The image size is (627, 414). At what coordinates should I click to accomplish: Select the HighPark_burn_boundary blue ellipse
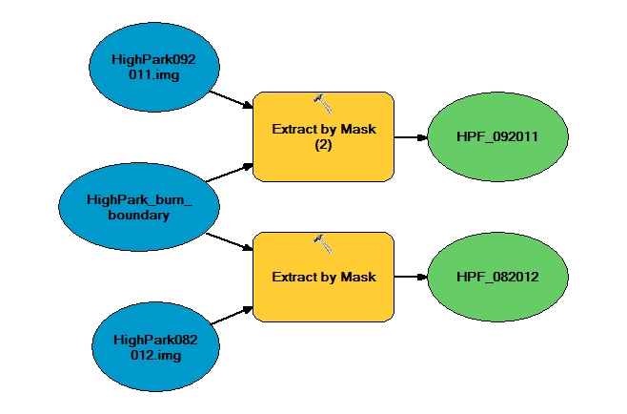pyautogui.click(x=139, y=207)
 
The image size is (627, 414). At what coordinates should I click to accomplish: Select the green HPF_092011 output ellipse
pyautogui.click(x=497, y=136)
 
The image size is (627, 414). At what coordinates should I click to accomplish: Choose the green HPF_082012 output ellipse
pyautogui.click(x=497, y=277)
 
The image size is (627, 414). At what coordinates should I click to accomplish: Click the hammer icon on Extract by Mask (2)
pyautogui.click(x=322, y=101)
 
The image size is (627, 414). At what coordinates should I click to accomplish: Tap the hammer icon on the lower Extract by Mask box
pyautogui.click(x=322, y=242)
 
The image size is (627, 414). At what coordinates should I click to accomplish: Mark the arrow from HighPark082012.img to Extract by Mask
pyautogui.click(x=231, y=315)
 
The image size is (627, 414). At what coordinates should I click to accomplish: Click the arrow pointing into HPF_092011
pyautogui.click(x=411, y=136)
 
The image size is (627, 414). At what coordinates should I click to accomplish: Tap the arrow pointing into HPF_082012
pyautogui.click(x=411, y=277)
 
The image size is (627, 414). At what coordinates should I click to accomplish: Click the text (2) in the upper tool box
pyautogui.click(x=323, y=146)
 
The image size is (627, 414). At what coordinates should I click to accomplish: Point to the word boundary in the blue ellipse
pyautogui.click(x=139, y=215)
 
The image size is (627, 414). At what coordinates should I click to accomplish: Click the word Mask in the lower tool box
pyautogui.click(x=358, y=277)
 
